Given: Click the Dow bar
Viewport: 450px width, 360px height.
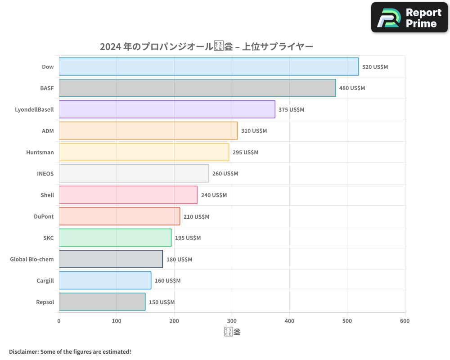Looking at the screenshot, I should point(209,67).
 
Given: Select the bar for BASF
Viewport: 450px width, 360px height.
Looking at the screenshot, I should point(197,88).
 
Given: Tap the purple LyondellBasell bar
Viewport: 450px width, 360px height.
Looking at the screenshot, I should point(167,109).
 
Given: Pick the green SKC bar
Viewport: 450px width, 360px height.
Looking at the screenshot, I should point(115,238).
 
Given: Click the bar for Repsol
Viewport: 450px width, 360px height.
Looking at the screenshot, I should point(102,302).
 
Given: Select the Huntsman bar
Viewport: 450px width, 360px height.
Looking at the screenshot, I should point(144,152).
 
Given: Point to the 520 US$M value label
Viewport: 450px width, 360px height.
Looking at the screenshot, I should point(375,67).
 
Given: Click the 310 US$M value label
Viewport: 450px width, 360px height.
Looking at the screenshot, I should point(254,131).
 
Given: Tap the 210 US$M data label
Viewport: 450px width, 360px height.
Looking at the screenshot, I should point(196,217).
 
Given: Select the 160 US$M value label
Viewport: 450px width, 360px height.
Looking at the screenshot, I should point(167,281).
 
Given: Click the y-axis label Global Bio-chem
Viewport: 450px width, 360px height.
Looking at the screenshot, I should point(32,259).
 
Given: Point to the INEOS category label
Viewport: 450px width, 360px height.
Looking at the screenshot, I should point(45,174).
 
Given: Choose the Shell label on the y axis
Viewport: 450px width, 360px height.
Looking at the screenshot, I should point(47,195).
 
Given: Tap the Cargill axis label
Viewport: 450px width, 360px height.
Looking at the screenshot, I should point(45,281).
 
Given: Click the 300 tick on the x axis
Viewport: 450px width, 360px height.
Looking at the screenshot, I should point(232,321).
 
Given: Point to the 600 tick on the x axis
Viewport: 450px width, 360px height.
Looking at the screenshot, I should point(405,321).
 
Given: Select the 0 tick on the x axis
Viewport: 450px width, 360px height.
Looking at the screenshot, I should point(59,321).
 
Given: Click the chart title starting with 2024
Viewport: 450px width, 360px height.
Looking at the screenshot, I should point(206,46).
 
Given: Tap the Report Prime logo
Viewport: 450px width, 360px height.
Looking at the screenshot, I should point(409,18).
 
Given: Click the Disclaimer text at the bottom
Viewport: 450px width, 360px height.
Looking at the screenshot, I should point(70,351).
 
